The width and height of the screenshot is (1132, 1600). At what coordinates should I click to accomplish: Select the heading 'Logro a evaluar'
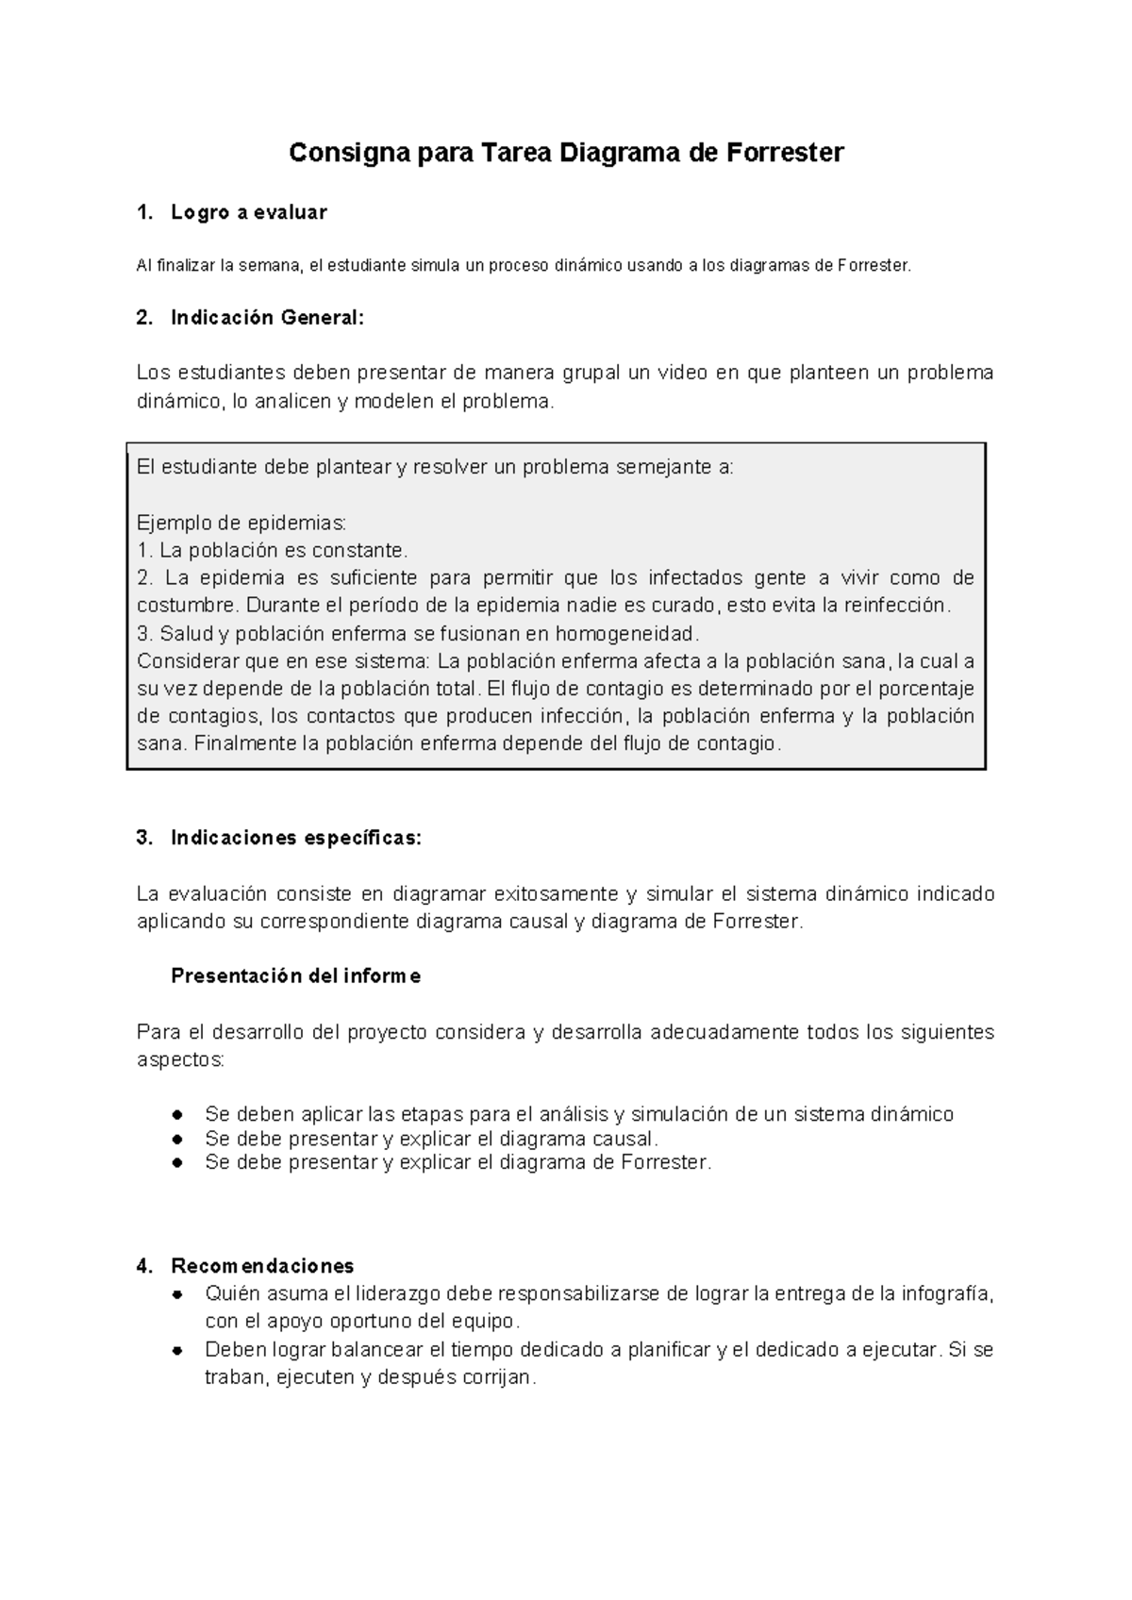coord(248,213)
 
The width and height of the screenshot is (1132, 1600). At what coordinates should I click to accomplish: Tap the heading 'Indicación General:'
coord(266,318)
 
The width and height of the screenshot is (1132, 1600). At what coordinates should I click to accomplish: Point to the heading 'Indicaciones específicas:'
coord(296,838)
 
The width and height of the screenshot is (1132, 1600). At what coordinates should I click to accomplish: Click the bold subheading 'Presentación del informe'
coord(295,976)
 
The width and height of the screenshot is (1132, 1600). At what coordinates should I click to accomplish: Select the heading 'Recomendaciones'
coord(262,1265)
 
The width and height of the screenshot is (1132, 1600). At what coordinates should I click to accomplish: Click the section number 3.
coord(143,838)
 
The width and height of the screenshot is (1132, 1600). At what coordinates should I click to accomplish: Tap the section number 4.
coord(143,1265)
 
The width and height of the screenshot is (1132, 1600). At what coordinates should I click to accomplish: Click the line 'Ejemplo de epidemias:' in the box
coord(241,523)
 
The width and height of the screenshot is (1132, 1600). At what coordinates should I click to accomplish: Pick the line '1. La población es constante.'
coord(273,550)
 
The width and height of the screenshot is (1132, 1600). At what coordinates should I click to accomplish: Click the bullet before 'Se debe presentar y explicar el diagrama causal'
coord(176,1140)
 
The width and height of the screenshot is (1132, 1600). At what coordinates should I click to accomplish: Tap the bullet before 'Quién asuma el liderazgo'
coord(176,1294)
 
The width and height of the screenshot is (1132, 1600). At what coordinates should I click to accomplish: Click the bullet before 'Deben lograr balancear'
coord(176,1351)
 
